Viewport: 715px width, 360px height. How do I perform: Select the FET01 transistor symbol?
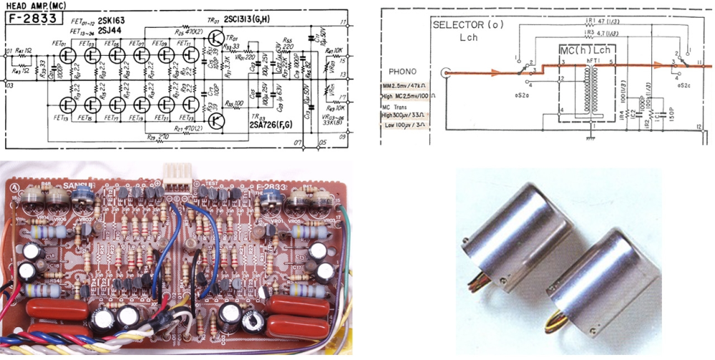[x=67, y=54]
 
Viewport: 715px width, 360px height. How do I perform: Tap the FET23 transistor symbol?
[x=188, y=104]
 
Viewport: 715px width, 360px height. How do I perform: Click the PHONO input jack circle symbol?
[x=447, y=72]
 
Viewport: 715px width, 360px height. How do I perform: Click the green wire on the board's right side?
[x=350, y=243]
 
